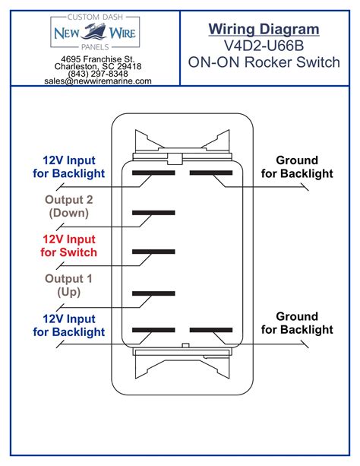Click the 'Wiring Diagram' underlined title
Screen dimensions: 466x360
(264, 29)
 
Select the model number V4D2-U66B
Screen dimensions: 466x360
(264, 46)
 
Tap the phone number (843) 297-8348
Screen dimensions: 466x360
(97, 74)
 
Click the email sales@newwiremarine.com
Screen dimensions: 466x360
(97, 81)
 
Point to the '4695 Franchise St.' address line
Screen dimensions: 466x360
(97, 59)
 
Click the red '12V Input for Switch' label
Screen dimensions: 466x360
(69, 246)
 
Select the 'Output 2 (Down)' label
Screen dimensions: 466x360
(69, 206)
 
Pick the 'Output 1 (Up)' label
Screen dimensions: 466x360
(69, 285)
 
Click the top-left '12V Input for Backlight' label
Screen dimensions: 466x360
(69, 166)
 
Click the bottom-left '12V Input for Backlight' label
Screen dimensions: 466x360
(69, 325)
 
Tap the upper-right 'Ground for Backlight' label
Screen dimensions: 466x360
(297, 166)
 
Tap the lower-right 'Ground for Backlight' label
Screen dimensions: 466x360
(297, 322)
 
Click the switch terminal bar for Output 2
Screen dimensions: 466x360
(153, 213)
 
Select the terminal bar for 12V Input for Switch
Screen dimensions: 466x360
(153, 252)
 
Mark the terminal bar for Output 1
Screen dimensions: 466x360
(153, 291)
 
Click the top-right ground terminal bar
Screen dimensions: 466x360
(210, 173)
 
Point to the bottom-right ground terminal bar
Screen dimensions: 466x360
(210, 330)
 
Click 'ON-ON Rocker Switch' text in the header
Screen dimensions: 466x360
(264, 63)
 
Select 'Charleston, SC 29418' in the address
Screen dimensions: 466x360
(97, 67)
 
